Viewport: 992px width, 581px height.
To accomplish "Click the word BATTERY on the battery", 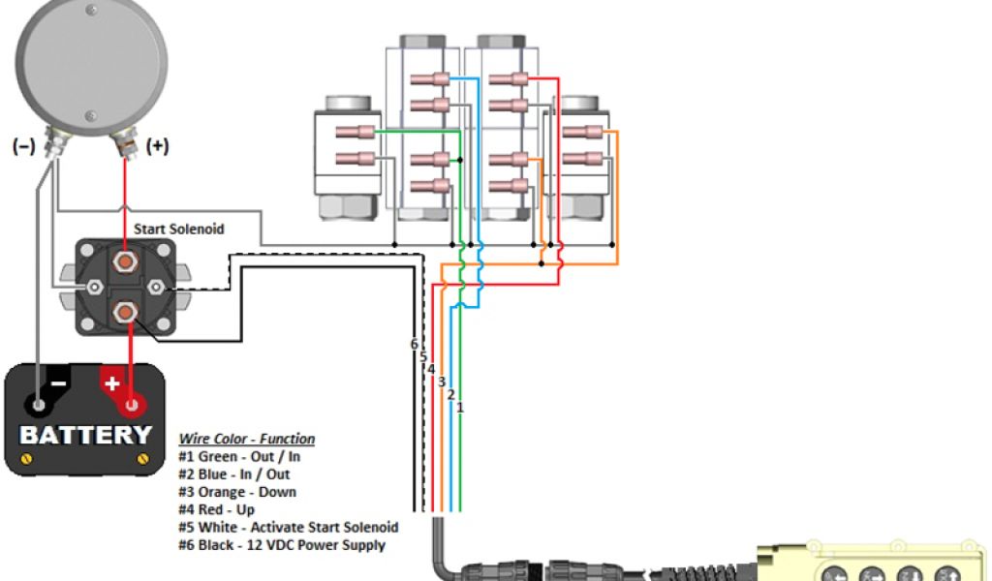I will pyautogui.click(x=85, y=435).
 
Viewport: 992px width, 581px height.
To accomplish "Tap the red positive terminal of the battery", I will pyautogui.click(x=126, y=401).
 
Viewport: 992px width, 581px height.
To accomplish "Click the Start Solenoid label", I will pyautogui.click(x=179, y=229).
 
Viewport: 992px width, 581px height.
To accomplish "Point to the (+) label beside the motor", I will pyautogui.click(x=157, y=146).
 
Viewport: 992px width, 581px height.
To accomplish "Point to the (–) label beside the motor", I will pyautogui.click(x=23, y=147).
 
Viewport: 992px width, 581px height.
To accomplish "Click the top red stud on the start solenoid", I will pyautogui.click(x=125, y=261).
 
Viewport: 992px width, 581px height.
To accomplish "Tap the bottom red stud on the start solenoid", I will pyautogui.click(x=125, y=312).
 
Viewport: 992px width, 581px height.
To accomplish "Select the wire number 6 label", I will pyautogui.click(x=414, y=345).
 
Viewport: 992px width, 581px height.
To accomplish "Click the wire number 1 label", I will pyautogui.click(x=460, y=408).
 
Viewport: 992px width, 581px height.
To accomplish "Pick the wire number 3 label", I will pyautogui.click(x=441, y=382).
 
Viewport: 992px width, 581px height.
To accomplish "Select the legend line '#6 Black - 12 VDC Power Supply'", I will pyautogui.click(x=281, y=545).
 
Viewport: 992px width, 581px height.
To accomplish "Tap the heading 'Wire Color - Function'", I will pyautogui.click(x=247, y=439).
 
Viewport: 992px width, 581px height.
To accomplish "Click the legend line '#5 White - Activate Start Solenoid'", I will pyautogui.click(x=289, y=528).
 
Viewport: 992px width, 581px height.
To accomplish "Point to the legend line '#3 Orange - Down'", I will pyautogui.click(x=237, y=492).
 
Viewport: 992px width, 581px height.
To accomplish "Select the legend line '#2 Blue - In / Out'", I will pyautogui.click(x=233, y=474).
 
